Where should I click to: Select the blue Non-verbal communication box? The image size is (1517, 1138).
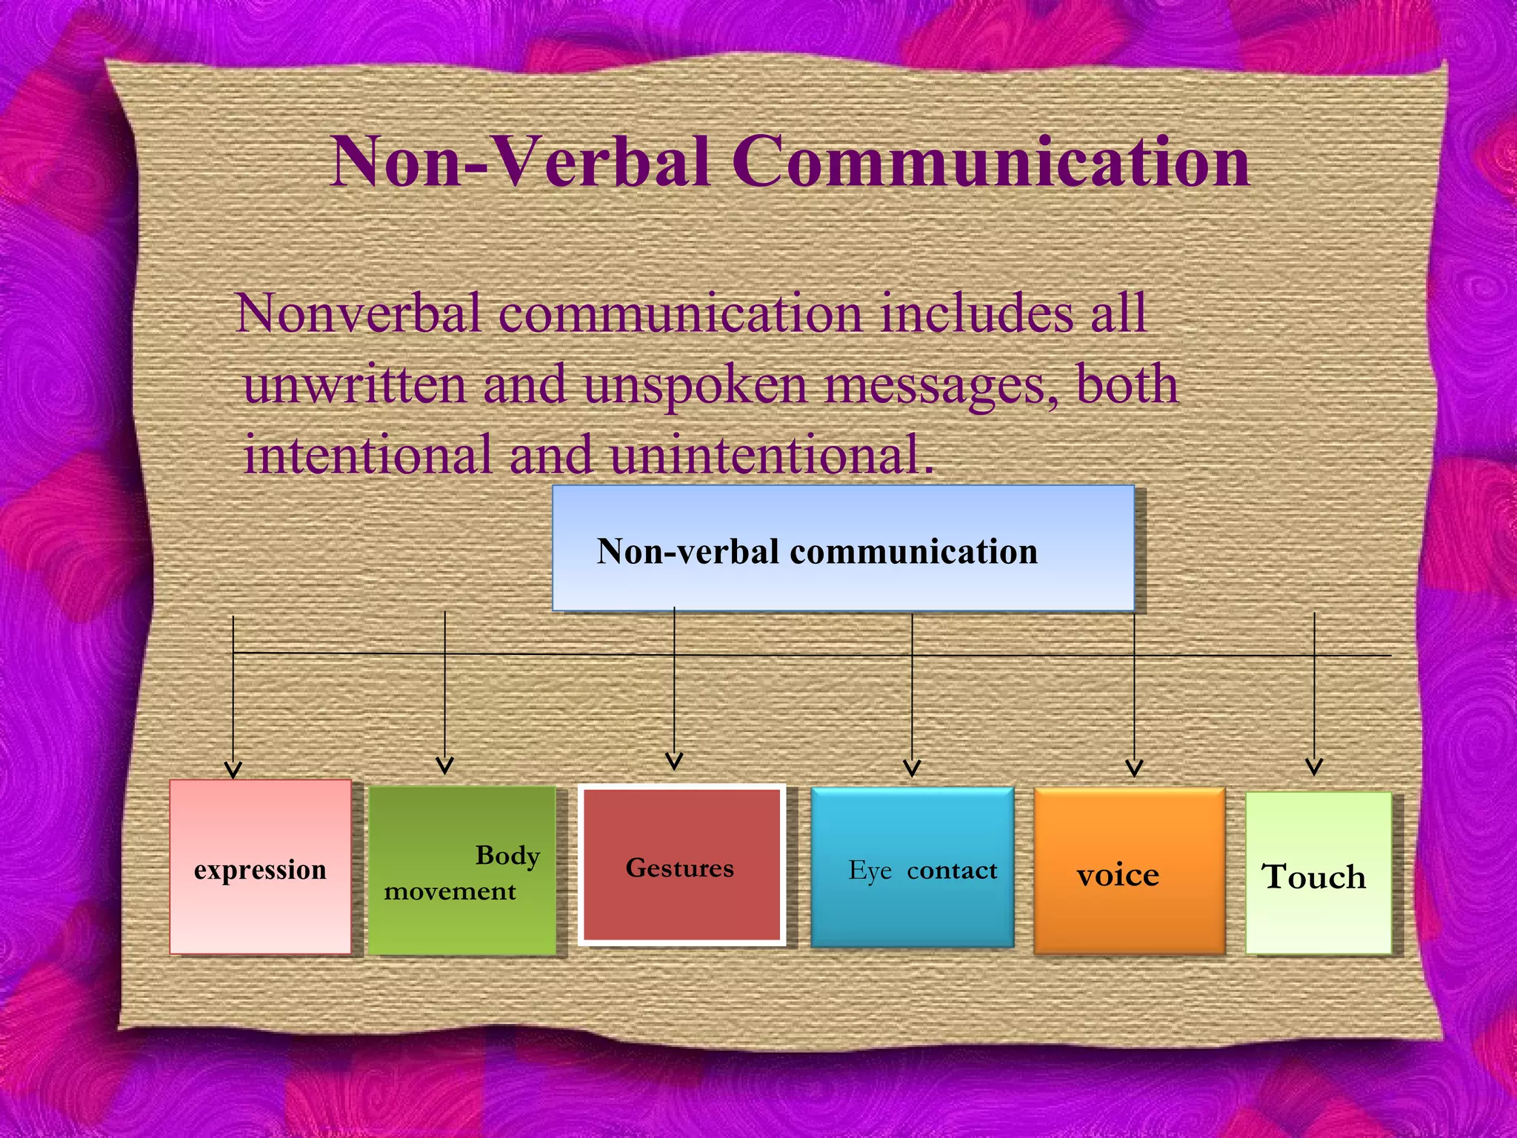point(843,548)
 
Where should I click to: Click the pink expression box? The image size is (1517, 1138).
point(260,867)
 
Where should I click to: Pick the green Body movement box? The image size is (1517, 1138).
point(462,871)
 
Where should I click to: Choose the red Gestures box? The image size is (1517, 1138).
point(681,865)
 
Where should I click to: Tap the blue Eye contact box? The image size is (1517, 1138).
point(913,868)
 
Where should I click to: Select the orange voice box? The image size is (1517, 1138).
point(1129,871)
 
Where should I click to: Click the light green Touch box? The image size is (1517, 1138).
point(1318,874)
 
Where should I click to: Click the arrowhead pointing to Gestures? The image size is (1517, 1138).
point(674,761)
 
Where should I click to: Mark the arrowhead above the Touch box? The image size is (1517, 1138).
point(1314,766)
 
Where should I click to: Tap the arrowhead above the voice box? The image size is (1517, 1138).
point(1134,768)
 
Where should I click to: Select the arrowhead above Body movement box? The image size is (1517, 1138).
point(444,765)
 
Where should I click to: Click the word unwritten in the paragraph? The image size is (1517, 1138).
point(355,385)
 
